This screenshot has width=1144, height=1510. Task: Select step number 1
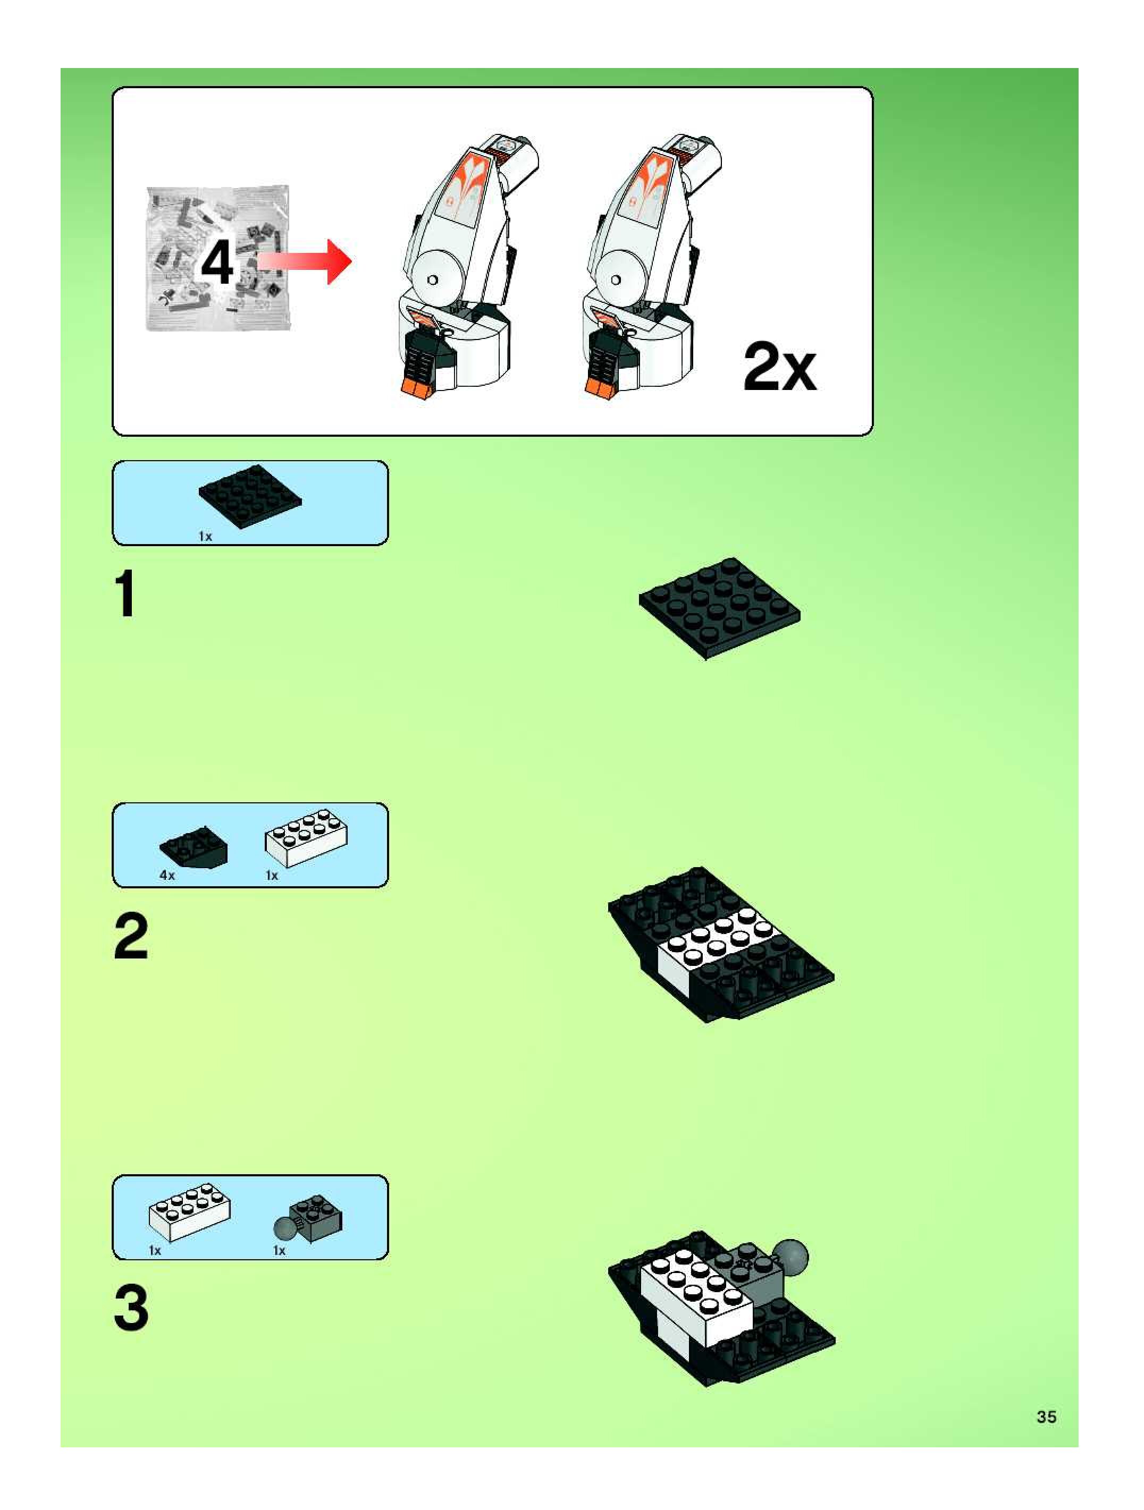(125, 594)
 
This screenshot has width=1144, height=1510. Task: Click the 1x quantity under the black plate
(205, 537)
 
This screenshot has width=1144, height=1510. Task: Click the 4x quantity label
(166, 875)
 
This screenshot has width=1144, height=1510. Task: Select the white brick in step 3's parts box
(190, 1212)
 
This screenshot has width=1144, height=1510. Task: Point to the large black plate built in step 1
(719, 606)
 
